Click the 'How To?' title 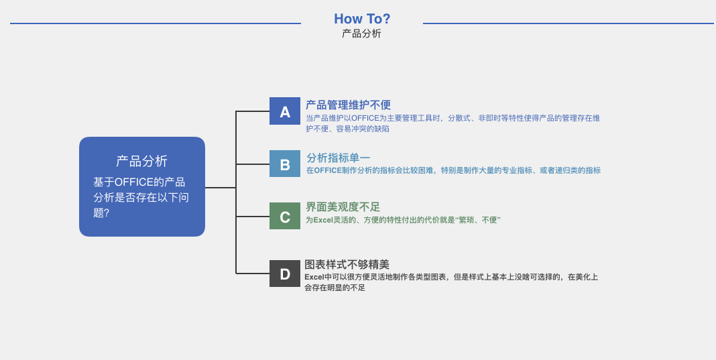[x=362, y=19]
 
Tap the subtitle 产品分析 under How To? [x=361, y=34]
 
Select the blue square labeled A [x=285, y=111]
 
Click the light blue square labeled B [x=285, y=164]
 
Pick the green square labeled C [x=285, y=216]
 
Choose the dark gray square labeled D [x=285, y=274]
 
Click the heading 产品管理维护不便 [x=349, y=105]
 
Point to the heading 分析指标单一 [x=339, y=158]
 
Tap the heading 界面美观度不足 [x=343, y=207]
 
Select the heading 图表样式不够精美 [x=347, y=265]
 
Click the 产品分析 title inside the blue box [x=142, y=162]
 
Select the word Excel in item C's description [x=323, y=220]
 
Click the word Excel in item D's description [x=314, y=277]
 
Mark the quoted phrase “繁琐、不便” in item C [x=478, y=220]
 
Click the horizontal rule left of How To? [x=156, y=23]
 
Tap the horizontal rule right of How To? [x=568, y=23]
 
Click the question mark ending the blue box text [x=107, y=213]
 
